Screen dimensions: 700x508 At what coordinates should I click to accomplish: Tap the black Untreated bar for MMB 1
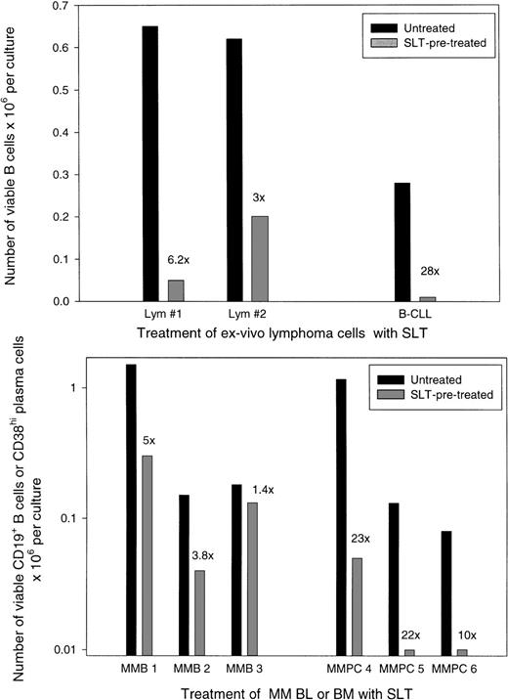coord(131,508)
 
